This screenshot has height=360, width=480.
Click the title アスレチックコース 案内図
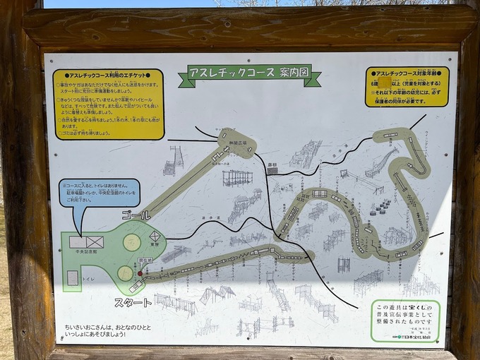pyautogui.click(x=249, y=73)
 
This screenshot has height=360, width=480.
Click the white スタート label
pyautogui.click(x=133, y=303)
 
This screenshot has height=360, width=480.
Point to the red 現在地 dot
pyautogui.click(x=140, y=272)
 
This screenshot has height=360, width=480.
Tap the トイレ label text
pyautogui.click(x=88, y=279)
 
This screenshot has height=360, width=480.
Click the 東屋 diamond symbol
pyautogui.click(x=156, y=236)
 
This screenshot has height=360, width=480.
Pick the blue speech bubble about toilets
pyautogui.click(x=100, y=193)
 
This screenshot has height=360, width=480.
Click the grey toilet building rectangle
pyautogui.click(x=73, y=278)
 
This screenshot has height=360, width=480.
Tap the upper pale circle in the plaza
pyautogui.click(x=132, y=242)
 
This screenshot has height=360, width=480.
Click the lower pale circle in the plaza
pyautogui.click(x=126, y=273)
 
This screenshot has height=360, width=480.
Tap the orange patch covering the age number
pyautogui.click(x=385, y=81)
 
